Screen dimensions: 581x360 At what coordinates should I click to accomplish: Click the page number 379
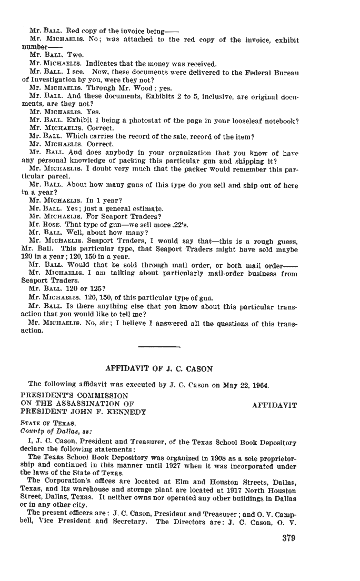point(288,538)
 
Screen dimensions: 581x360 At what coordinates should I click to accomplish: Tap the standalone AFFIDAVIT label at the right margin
point(274,405)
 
